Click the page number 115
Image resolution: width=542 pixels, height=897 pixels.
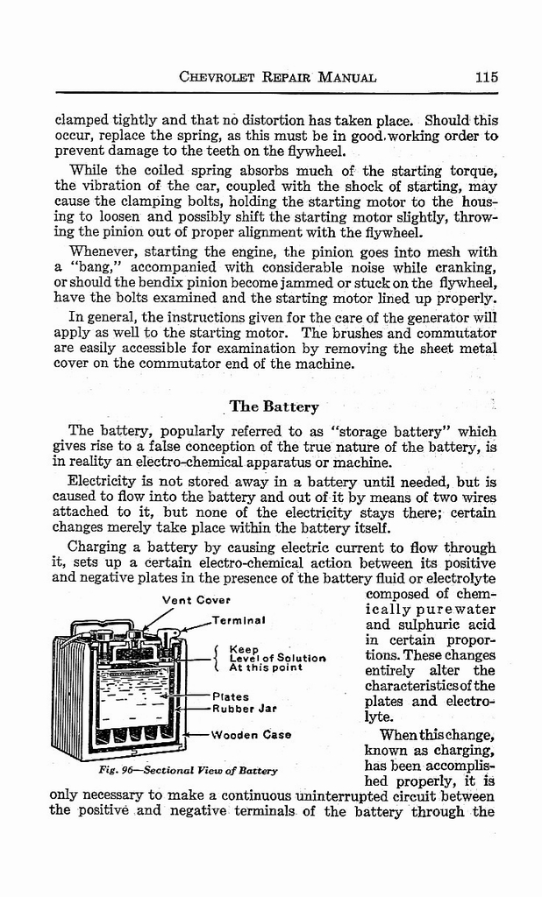486,76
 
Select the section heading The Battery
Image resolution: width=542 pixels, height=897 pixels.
274,406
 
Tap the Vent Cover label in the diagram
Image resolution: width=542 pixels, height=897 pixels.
196,600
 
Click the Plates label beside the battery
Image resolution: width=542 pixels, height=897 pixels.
231,697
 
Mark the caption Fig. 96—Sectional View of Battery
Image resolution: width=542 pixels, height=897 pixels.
188,771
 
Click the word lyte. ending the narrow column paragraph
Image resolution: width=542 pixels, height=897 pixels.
378,717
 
